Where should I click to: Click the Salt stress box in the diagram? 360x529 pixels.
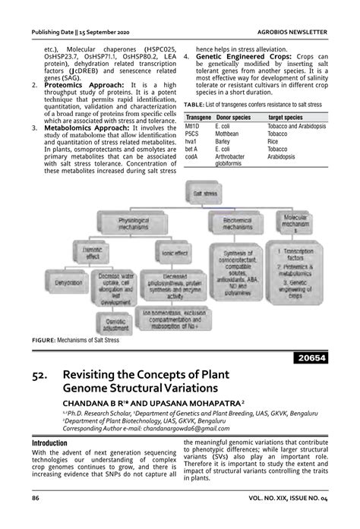[207, 195]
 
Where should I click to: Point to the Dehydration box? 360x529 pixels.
[69, 282]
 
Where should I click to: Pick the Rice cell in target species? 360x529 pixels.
[273, 141]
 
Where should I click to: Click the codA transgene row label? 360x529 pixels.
[192, 157]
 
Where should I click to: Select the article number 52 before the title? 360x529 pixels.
[43, 374]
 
